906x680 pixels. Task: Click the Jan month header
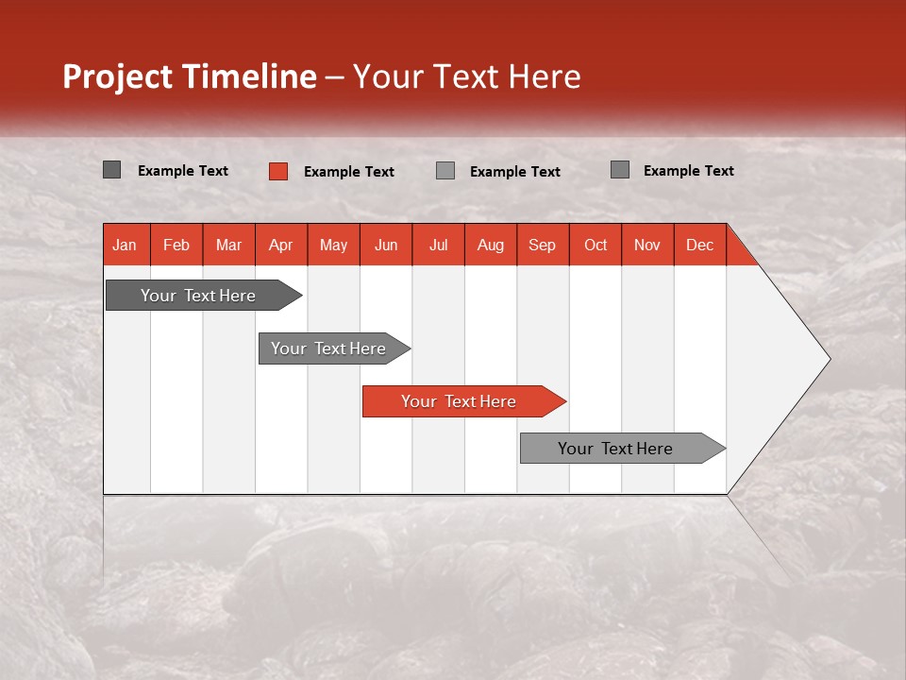coord(126,245)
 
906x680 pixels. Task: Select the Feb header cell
coord(176,245)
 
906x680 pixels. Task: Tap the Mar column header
coord(228,245)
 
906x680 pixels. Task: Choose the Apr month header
coord(281,245)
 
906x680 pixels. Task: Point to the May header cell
coord(333,245)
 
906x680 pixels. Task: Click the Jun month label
coord(386,245)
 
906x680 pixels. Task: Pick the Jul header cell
coord(438,245)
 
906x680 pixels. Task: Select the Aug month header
coord(491,245)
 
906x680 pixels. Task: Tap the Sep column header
coord(543,245)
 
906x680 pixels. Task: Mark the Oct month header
coord(596,245)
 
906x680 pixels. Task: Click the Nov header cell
coord(647,245)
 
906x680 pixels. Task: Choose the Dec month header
coord(700,245)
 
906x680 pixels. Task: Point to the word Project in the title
coord(119,76)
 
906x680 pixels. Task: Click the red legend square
coord(278,171)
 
